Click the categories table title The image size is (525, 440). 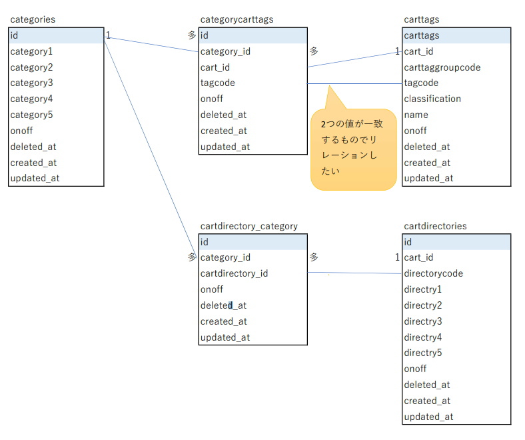[33, 19]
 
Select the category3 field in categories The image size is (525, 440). [31, 83]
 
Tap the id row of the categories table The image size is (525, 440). [56, 35]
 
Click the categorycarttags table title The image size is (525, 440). [237, 19]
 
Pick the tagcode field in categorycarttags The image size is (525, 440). [218, 83]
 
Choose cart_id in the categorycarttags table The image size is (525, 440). [215, 67]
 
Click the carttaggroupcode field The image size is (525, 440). [442, 67]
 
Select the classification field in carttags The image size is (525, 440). [432, 99]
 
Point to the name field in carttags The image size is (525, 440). [416, 115]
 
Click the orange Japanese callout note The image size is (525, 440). [354, 149]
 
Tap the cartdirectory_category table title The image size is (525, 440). [249, 226]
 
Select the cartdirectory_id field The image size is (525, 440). [234, 273]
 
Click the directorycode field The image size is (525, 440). [433, 273]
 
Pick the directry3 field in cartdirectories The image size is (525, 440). [423, 321]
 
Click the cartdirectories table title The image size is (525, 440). [435, 226]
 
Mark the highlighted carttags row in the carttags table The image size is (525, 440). [456, 35]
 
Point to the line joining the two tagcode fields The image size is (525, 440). [354, 83]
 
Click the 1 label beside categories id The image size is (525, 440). [108, 35]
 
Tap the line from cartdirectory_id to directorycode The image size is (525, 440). [354, 273]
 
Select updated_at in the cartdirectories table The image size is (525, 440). [428, 417]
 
